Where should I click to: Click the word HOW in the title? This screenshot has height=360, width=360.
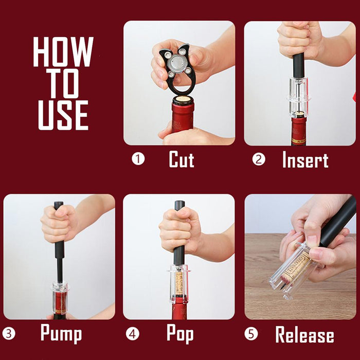pyautogui.click(x=63, y=51)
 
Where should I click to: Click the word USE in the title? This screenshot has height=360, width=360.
pyautogui.click(x=63, y=115)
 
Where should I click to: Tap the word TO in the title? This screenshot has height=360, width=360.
pyautogui.click(x=63, y=83)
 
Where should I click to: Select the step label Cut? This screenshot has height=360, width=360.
pyautogui.click(x=182, y=159)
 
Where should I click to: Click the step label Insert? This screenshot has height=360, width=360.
pyautogui.click(x=305, y=159)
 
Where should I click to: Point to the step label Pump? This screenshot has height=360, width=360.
pyautogui.click(x=61, y=333)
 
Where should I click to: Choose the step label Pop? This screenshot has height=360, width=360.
pyautogui.click(x=180, y=333)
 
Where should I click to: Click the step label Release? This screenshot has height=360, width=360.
pyautogui.click(x=304, y=334)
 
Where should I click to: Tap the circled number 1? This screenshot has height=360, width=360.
pyautogui.click(x=138, y=159)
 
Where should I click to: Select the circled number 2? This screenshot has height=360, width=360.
pyautogui.click(x=259, y=159)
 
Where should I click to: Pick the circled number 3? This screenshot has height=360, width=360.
pyautogui.click(x=9, y=334)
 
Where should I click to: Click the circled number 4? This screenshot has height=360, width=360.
pyautogui.click(x=133, y=334)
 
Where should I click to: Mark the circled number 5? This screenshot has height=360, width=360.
pyautogui.click(x=251, y=334)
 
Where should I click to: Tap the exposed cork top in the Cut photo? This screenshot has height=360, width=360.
pyautogui.click(x=183, y=99)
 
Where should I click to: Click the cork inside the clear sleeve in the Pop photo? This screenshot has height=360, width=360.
pyautogui.click(x=179, y=283)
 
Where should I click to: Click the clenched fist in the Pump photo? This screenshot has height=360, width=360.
pyautogui.click(x=59, y=224)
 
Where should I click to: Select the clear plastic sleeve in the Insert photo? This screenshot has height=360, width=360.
pyautogui.click(x=298, y=97)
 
